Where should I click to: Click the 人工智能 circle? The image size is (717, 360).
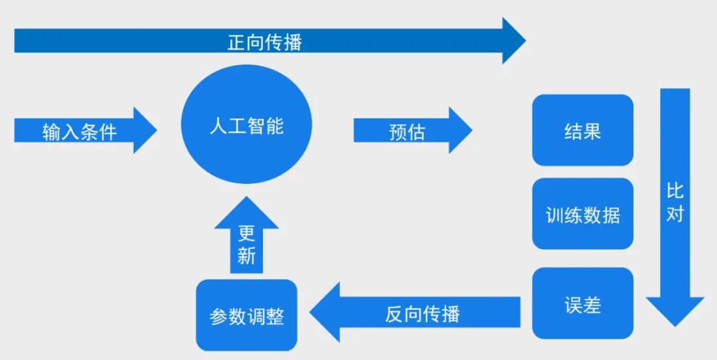pyautogui.click(x=246, y=124)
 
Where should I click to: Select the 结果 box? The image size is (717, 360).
pyautogui.click(x=583, y=130)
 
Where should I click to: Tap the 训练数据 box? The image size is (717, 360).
pyautogui.click(x=583, y=214)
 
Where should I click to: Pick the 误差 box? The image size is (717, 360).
pyautogui.click(x=583, y=304)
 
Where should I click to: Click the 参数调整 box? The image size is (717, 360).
pyautogui.click(x=246, y=315)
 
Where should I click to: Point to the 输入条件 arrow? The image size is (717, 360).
pyautogui.click(x=86, y=130)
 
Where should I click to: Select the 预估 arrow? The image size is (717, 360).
pyautogui.click(x=413, y=130)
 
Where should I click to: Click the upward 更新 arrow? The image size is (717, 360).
pyautogui.click(x=246, y=234)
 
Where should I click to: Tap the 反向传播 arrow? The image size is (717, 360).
pyautogui.click(x=415, y=312)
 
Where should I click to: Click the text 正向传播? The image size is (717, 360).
pyautogui.click(x=265, y=43)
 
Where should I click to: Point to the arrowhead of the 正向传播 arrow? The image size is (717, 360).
pyautogui.click(x=526, y=41)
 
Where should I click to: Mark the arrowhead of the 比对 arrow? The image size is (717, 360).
pyautogui.click(x=675, y=326)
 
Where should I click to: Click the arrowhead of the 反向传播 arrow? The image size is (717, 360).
pyautogui.click(x=310, y=312)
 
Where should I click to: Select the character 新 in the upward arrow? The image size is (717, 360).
pyautogui.click(x=246, y=256)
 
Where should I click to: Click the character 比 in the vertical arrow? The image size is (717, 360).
pyautogui.click(x=675, y=191)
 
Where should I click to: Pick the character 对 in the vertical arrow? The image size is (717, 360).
pyautogui.click(x=675, y=214)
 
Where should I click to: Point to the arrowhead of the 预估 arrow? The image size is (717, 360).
pyautogui.click(x=472, y=130)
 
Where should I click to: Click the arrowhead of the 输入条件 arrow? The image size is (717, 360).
pyautogui.click(x=157, y=130)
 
